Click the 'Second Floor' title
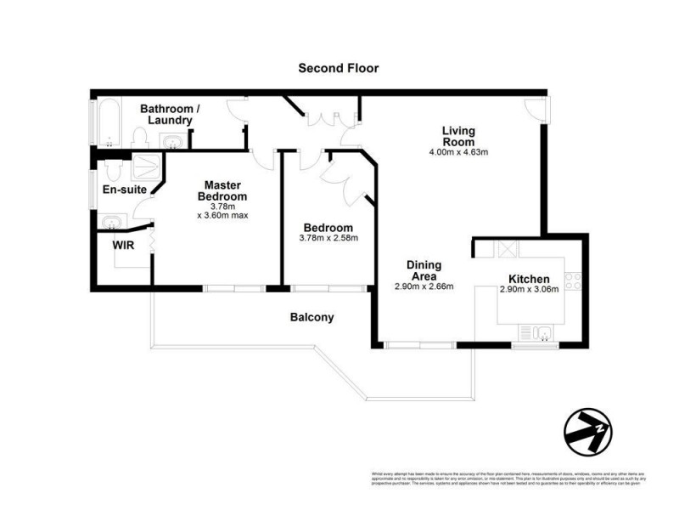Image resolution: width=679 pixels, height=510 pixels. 338,68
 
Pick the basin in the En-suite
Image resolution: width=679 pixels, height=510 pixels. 110,223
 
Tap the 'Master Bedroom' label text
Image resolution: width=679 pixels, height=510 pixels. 222,191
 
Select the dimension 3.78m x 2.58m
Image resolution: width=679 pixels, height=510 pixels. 328,239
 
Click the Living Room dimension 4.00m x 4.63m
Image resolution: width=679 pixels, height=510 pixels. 458,153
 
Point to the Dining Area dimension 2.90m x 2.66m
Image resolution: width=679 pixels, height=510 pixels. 424,286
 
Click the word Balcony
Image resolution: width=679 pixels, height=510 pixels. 311,317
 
